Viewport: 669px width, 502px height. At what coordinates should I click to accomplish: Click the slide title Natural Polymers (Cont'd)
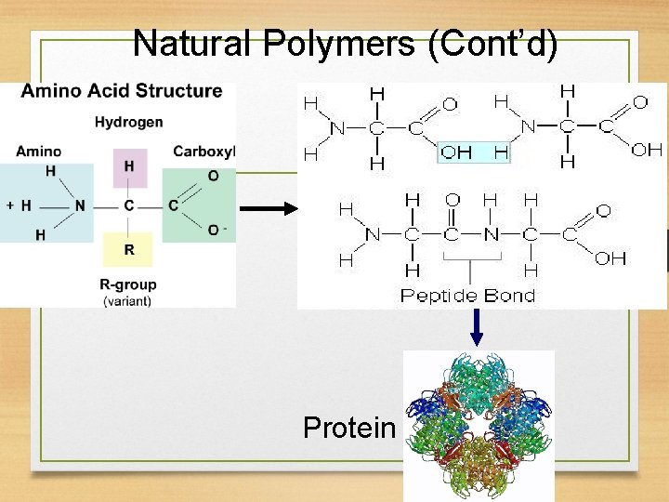tap(346, 43)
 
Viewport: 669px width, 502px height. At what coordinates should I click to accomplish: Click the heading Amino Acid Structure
tap(122, 91)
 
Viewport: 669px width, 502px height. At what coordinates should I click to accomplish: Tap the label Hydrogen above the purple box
tap(128, 122)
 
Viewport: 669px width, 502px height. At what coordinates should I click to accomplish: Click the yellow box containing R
tap(129, 249)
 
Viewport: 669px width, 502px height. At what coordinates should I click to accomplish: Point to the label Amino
tap(39, 151)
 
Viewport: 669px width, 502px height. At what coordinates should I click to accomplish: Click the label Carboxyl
tap(204, 151)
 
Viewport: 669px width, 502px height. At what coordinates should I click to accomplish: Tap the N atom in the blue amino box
tap(81, 205)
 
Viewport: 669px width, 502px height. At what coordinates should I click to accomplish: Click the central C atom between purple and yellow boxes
tap(129, 205)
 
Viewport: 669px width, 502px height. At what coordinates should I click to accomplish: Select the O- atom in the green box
tap(216, 229)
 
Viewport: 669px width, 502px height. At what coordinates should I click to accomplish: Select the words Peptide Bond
tap(467, 296)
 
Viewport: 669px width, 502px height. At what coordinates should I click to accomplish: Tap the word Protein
tap(349, 428)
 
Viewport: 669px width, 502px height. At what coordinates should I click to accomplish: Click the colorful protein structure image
tap(479, 423)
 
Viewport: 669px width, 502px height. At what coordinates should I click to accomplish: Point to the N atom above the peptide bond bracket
tap(491, 234)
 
